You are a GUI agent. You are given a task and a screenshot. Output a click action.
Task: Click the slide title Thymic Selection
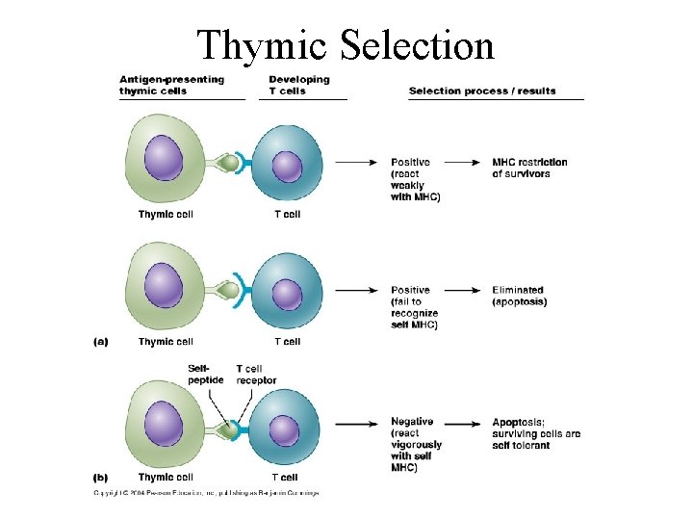(x=346, y=45)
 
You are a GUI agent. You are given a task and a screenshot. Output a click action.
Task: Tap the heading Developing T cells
(x=299, y=85)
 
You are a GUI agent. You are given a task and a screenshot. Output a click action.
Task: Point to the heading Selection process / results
(x=482, y=91)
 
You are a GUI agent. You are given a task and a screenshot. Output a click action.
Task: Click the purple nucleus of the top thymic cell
(x=164, y=158)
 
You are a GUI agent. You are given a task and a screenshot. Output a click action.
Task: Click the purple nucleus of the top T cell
(x=287, y=166)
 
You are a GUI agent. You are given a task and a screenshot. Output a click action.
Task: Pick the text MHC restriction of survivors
(x=529, y=168)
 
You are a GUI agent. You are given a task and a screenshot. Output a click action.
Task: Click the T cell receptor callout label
(x=256, y=375)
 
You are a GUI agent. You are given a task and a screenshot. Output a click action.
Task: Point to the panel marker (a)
(x=100, y=342)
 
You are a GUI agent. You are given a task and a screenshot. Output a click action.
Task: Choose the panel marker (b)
(x=100, y=478)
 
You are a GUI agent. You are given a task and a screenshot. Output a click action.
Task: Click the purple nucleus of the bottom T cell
(x=285, y=427)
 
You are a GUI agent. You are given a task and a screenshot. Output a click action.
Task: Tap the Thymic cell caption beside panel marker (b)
(x=166, y=478)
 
